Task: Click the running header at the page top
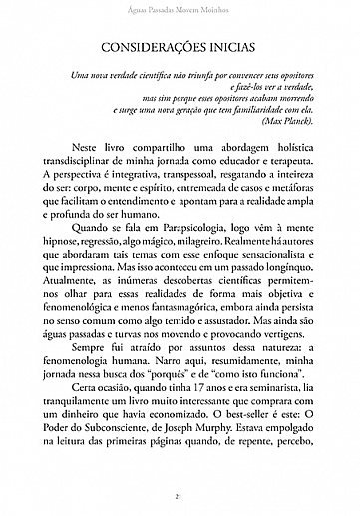click(x=180, y=9)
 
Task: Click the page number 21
click(x=180, y=496)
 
